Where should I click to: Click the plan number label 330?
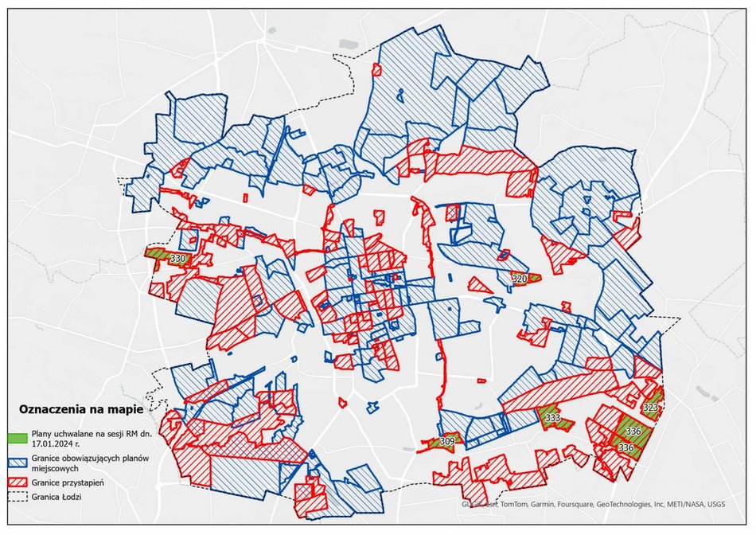coord(177,259)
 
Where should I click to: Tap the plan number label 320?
coord(519,279)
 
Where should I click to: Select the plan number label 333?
coord(551,417)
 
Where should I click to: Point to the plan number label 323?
coord(651,408)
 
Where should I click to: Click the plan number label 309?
coord(447,441)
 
